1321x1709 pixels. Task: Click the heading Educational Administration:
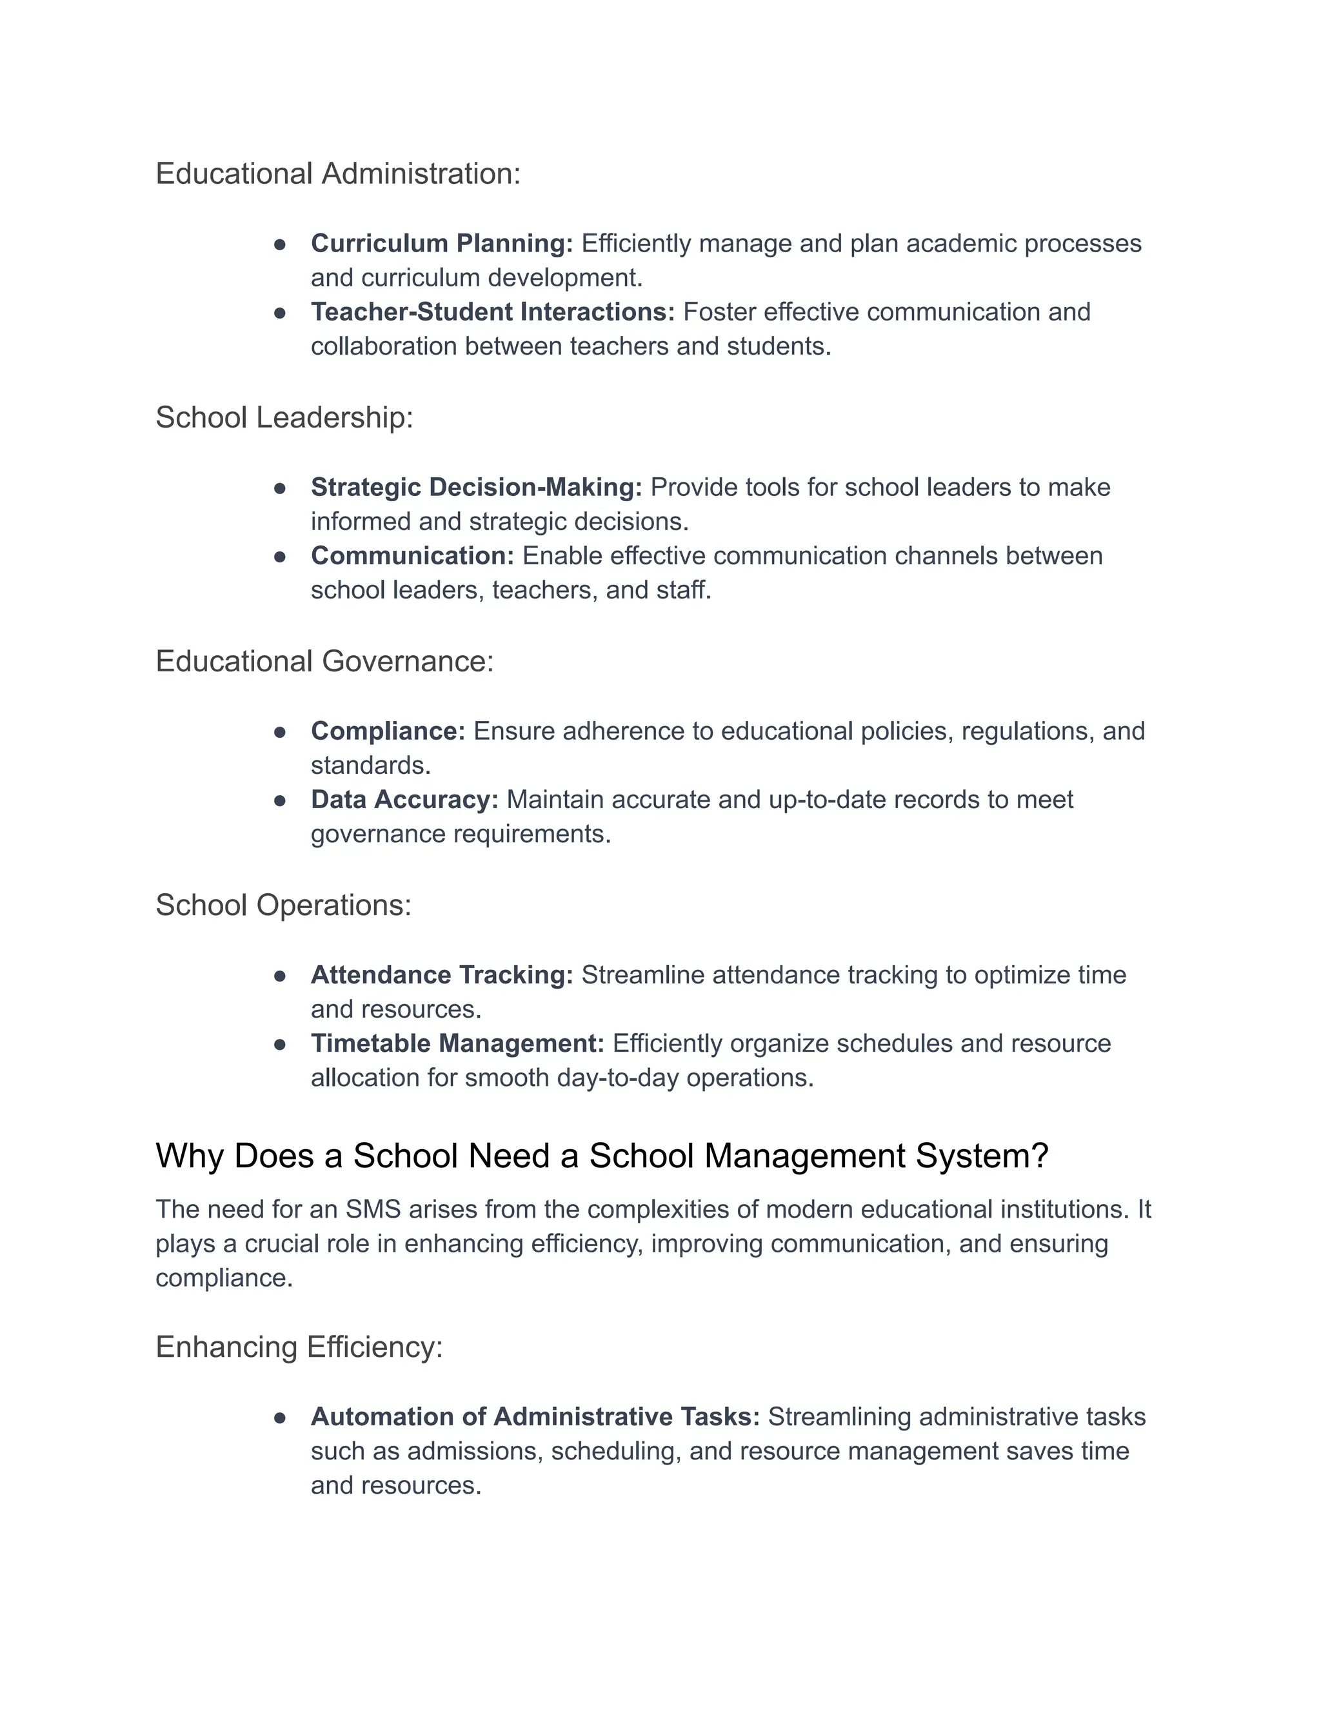pyautogui.click(x=337, y=173)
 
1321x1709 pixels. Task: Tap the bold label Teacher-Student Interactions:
pyautogui.click(x=492, y=312)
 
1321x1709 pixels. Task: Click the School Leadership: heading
pyautogui.click(x=284, y=418)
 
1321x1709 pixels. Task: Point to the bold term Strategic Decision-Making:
pyautogui.click(x=476, y=488)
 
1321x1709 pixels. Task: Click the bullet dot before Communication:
pyautogui.click(x=280, y=557)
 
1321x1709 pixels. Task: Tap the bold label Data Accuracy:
pyautogui.click(x=404, y=800)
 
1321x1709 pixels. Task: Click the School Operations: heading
pyautogui.click(x=283, y=905)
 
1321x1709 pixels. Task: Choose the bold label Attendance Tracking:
pyautogui.click(x=441, y=975)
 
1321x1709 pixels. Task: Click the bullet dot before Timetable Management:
pyautogui.click(x=280, y=1044)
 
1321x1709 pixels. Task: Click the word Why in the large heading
pyautogui.click(x=190, y=1156)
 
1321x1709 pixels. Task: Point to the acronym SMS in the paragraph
pyautogui.click(x=373, y=1210)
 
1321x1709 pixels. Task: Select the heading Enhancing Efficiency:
pyautogui.click(x=299, y=1347)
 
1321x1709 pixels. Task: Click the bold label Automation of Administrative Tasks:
pyautogui.click(x=535, y=1416)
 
